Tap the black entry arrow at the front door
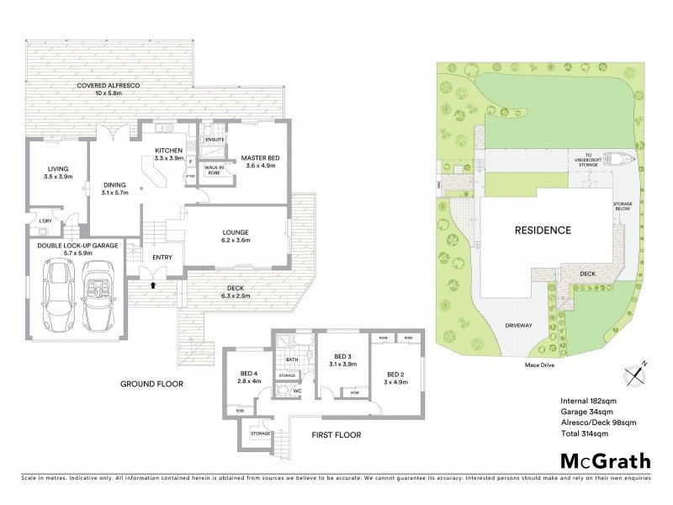click(152, 285)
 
